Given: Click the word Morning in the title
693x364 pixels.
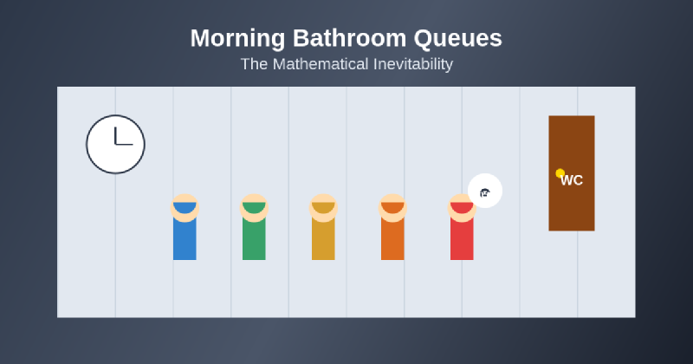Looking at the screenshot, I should pyautogui.click(x=236, y=39).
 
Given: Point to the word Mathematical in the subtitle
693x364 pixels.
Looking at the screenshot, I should pyautogui.click(x=317, y=64).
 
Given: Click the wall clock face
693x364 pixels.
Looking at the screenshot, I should pyautogui.click(x=115, y=144).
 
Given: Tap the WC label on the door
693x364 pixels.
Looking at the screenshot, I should pyautogui.click(x=572, y=180).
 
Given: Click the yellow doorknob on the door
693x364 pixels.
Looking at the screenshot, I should pyautogui.click(x=560, y=173).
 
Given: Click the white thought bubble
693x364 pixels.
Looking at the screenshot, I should pyautogui.click(x=485, y=192).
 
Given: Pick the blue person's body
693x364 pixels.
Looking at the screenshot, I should pyautogui.click(x=185, y=239).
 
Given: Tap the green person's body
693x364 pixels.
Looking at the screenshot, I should pyautogui.click(x=254, y=239).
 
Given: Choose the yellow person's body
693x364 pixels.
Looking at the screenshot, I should pyautogui.click(x=323, y=239).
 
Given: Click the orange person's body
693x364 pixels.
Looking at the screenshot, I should pyautogui.click(x=392, y=239).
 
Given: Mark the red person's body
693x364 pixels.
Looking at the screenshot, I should pyautogui.click(x=462, y=239).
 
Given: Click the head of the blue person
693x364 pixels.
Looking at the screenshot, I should pyautogui.click(x=185, y=207).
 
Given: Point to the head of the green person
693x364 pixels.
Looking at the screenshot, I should pyautogui.click(x=254, y=207).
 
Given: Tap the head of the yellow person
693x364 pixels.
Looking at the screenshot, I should pyautogui.click(x=323, y=207).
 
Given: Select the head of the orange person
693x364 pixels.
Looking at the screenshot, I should pyautogui.click(x=392, y=207).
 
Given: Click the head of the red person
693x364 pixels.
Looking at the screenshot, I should pyautogui.click(x=462, y=207).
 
